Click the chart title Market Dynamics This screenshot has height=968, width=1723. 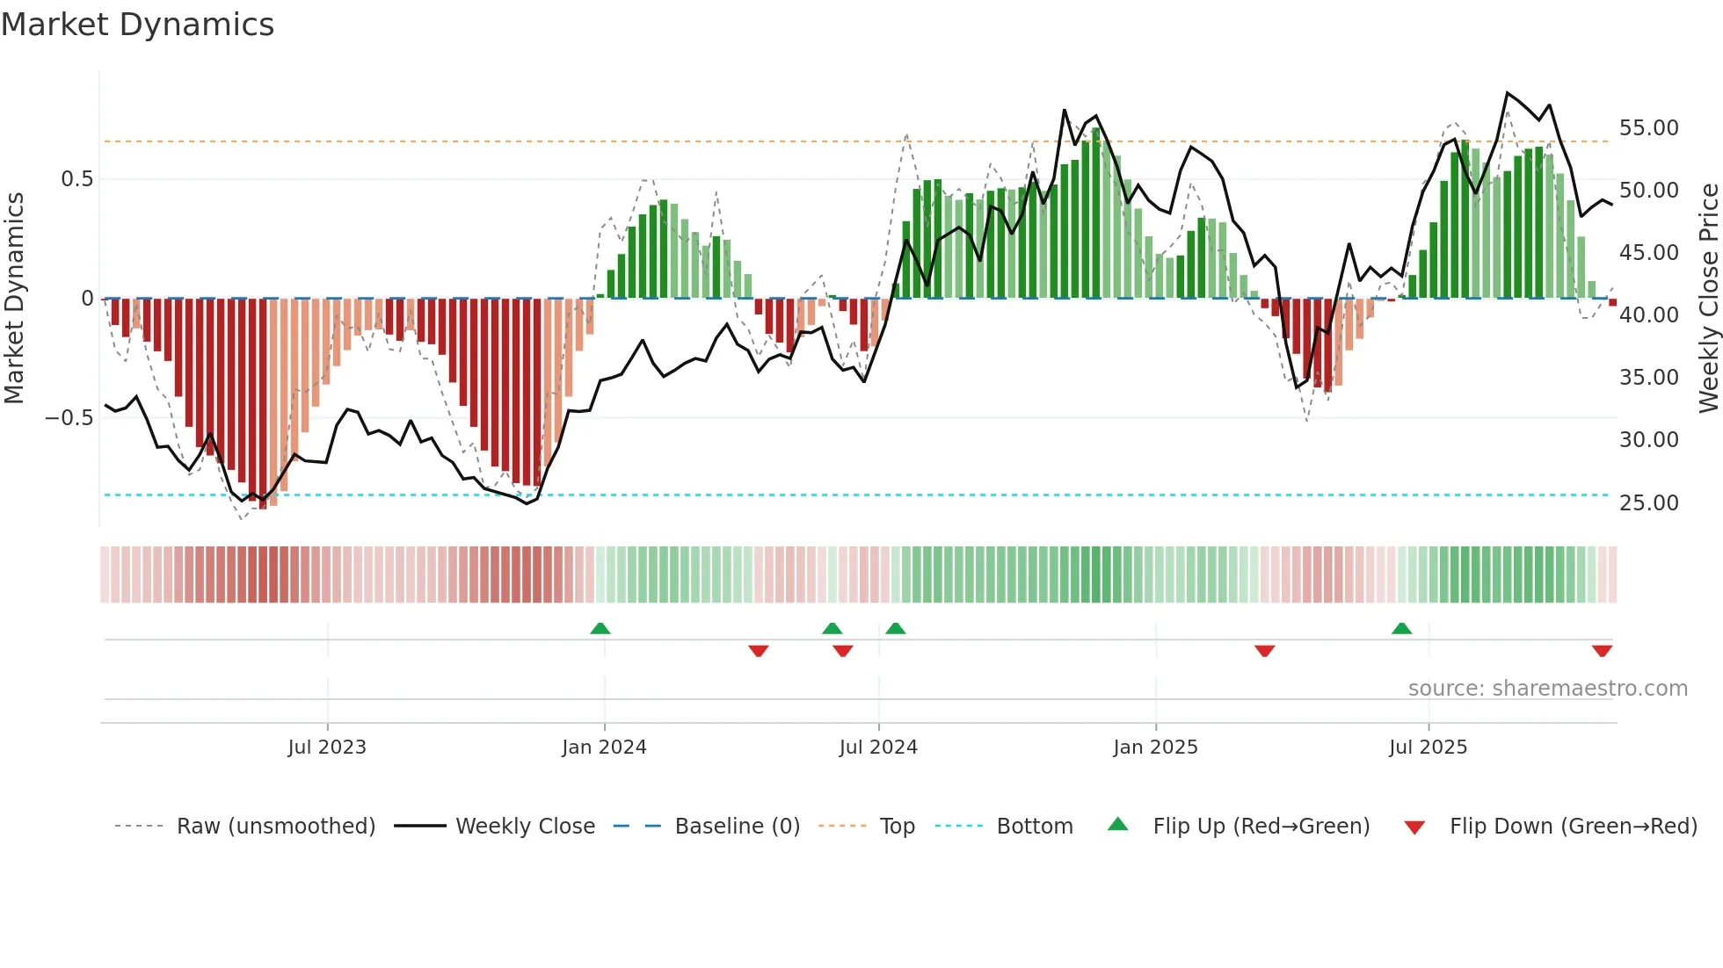[x=137, y=25]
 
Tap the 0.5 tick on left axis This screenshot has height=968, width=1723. [x=76, y=179]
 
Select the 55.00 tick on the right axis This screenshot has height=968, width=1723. [x=1648, y=128]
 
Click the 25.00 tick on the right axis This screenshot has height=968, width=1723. [x=1648, y=503]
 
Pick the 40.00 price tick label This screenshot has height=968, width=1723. [x=1648, y=315]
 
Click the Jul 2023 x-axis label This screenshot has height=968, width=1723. [x=327, y=748]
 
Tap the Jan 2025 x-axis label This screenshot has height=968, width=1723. [x=1155, y=748]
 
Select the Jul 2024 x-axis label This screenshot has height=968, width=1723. [x=878, y=748]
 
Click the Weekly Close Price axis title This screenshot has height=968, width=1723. [x=1708, y=299]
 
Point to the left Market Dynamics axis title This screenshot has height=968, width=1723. [x=14, y=299]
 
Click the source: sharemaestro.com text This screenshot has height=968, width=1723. [x=1547, y=689]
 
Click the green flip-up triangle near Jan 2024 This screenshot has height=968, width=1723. [x=600, y=629]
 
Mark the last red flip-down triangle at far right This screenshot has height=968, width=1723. [x=1602, y=651]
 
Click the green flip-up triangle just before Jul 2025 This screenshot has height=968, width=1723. [x=1401, y=629]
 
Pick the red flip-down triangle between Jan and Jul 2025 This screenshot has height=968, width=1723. [x=1264, y=651]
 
